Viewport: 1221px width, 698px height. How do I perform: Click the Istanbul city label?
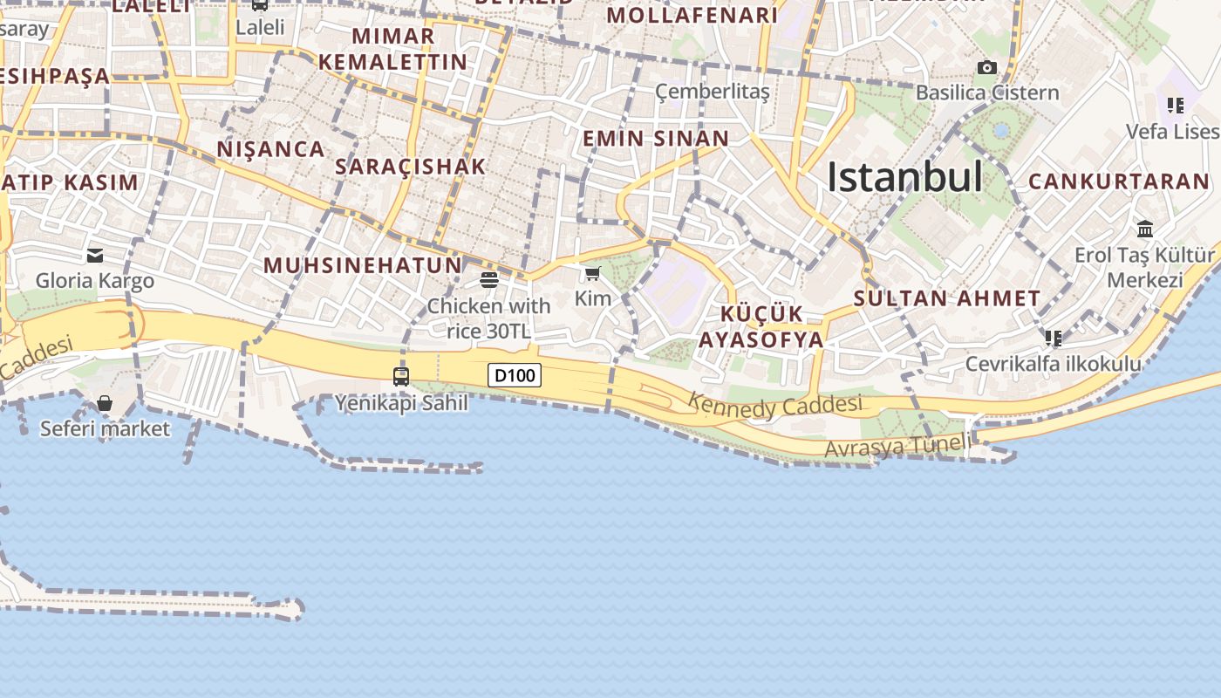(904, 177)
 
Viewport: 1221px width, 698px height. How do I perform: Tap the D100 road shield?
(515, 376)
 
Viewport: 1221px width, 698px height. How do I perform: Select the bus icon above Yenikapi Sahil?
(401, 377)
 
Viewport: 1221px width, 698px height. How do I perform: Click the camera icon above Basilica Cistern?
(987, 68)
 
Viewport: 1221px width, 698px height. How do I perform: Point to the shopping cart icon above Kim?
(593, 274)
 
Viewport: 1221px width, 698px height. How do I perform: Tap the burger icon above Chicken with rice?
(488, 280)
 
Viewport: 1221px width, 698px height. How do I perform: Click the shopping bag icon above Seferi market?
(105, 403)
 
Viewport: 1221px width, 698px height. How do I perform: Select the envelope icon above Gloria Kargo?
(95, 256)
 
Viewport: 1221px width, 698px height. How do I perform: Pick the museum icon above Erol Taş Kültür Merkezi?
(1145, 229)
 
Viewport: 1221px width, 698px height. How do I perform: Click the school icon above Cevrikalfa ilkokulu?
(1054, 338)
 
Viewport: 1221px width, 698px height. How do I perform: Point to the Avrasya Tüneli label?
(897, 447)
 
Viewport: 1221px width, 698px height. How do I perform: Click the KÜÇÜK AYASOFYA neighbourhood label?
(761, 327)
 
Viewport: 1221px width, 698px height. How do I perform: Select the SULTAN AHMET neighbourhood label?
(947, 298)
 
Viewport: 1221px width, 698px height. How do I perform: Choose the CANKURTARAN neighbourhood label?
(1119, 182)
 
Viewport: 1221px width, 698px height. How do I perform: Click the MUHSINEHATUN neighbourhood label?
(362, 265)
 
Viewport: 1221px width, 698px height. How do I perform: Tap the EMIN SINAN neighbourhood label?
(655, 139)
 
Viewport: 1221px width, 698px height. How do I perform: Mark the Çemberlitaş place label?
(713, 92)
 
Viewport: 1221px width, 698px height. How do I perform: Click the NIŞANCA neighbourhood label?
(270, 149)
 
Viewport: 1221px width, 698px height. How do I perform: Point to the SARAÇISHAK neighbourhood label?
(410, 167)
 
